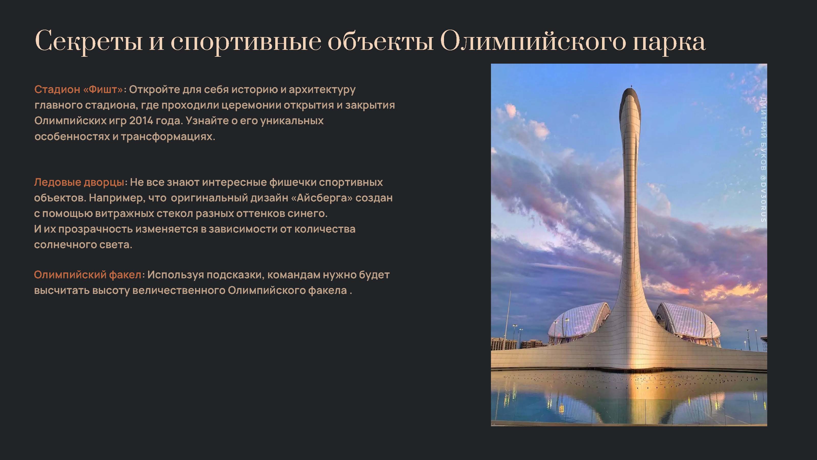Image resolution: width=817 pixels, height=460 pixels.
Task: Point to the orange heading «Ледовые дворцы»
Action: click(79, 182)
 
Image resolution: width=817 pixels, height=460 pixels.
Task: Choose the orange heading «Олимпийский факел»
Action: click(88, 275)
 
